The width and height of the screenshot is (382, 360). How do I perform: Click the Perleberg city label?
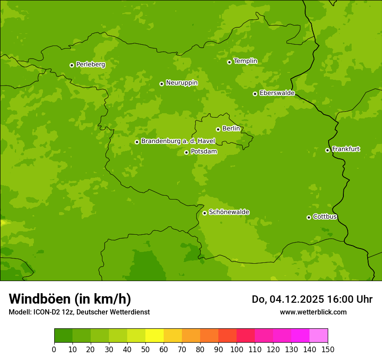pos(90,65)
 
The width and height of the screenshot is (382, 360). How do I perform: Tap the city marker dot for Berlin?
pos(218,129)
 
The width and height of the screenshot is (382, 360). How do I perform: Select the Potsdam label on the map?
pos(204,152)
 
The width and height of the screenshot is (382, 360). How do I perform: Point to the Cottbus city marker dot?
pos(309,217)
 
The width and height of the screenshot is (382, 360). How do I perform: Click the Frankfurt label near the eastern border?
pos(346,149)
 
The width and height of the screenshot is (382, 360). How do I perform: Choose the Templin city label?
pos(245,61)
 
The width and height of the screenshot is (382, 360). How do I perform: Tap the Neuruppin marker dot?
pos(161,84)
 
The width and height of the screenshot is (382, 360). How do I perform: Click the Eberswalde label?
pos(277,93)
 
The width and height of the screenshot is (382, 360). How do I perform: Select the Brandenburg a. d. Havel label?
pos(178,141)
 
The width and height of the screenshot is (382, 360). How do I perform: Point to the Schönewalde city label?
pos(229,212)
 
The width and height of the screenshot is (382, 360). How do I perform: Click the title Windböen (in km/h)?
pos(70,299)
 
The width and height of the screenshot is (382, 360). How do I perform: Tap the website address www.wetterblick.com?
pos(313,312)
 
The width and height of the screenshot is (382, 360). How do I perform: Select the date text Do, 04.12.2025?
pos(287,299)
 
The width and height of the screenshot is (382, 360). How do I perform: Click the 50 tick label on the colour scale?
pos(145,349)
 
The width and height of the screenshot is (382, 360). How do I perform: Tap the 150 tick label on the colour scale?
pos(328,349)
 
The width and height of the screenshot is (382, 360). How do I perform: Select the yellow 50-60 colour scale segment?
pos(155,336)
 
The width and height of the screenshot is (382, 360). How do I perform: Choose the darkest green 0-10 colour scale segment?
pos(63,336)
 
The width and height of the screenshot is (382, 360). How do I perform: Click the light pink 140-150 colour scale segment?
pos(319,336)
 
